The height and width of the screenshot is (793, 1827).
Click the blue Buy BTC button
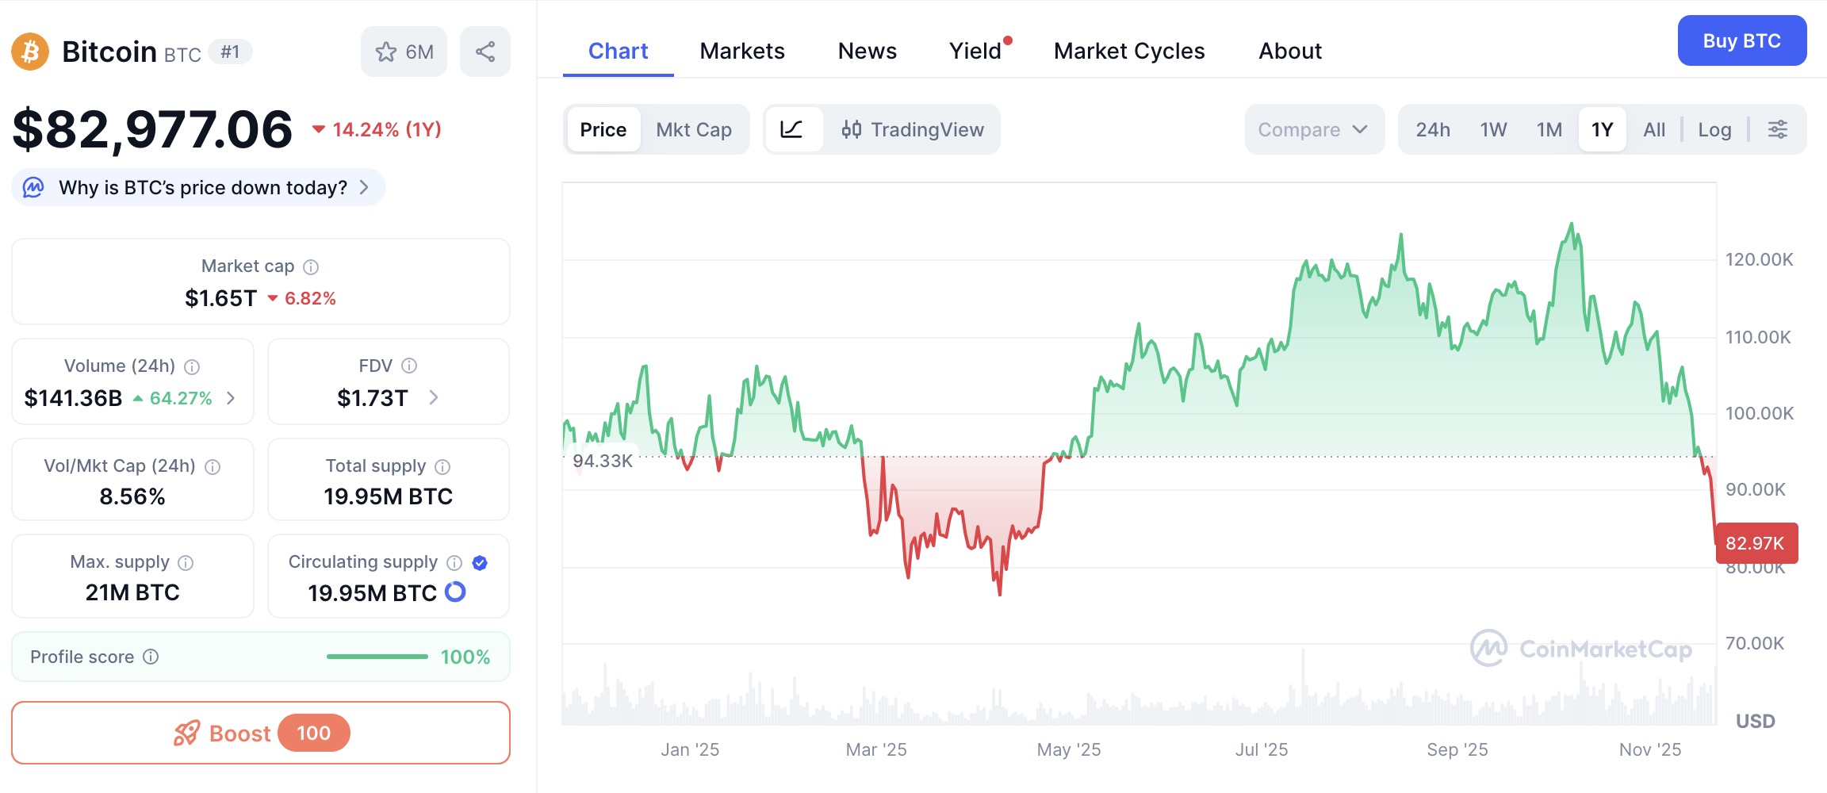click(1741, 41)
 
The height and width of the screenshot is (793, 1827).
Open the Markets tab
click(741, 52)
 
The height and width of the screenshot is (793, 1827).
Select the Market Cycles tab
click(1128, 52)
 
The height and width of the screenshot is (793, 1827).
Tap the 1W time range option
click(1492, 130)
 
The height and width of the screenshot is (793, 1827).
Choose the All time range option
click(1653, 130)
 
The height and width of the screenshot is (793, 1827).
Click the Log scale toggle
click(1714, 130)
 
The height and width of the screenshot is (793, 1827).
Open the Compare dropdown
click(1313, 130)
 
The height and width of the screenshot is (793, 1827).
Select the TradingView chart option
click(913, 130)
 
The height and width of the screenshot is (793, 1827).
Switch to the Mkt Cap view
click(693, 130)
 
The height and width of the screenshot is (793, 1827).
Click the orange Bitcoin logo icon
click(30, 52)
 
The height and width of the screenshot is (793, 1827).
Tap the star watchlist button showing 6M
click(404, 52)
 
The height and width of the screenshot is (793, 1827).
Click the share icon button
click(485, 52)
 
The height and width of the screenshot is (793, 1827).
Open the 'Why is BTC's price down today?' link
click(202, 188)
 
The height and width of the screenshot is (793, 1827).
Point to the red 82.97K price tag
click(1755, 543)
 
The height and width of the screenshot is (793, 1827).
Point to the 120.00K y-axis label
click(1758, 260)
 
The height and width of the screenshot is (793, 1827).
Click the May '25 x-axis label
click(1068, 749)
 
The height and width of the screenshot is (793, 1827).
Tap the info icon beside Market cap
click(311, 267)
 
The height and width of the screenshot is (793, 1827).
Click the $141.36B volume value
click(73, 398)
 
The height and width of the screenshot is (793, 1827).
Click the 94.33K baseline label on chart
click(603, 461)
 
